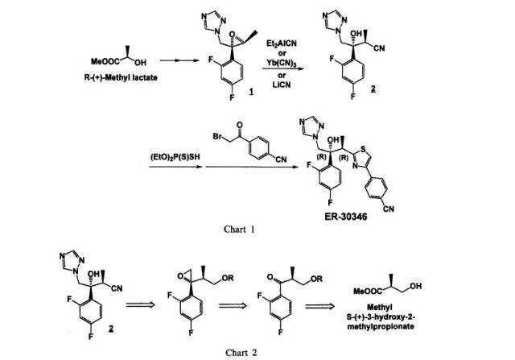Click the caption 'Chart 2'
point(238,351)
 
